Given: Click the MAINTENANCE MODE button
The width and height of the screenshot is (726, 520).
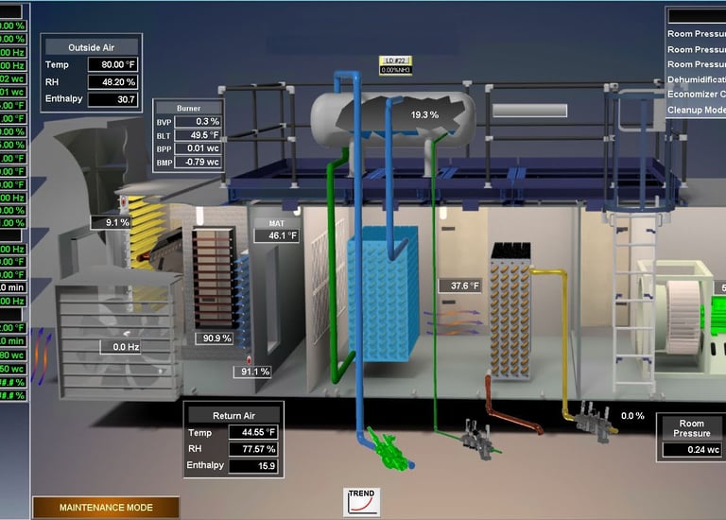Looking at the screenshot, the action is pyautogui.click(x=106, y=508).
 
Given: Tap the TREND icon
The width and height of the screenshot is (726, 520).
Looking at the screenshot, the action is pyautogui.click(x=361, y=502).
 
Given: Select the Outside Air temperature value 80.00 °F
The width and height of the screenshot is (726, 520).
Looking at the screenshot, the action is pyautogui.click(x=113, y=64).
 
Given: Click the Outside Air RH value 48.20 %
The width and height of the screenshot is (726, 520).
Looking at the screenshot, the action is pyautogui.click(x=113, y=81).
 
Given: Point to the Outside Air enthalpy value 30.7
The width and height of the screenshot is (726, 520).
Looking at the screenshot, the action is pyautogui.click(x=113, y=98).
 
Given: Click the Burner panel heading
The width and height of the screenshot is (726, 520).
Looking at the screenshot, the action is pyautogui.click(x=189, y=108).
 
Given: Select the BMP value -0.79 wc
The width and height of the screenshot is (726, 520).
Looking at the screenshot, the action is pyautogui.click(x=200, y=162).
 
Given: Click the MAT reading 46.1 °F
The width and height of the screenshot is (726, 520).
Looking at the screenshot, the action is pyautogui.click(x=277, y=235).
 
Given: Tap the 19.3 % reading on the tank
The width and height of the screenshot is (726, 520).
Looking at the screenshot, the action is pyautogui.click(x=425, y=115).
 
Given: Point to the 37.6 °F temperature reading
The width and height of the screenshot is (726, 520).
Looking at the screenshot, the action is pyautogui.click(x=464, y=286).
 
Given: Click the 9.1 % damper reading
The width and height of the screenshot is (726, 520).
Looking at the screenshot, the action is pyautogui.click(x=117, y=222).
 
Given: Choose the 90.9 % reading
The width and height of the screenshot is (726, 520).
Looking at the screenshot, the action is pyautogui.click(x=214, y=338).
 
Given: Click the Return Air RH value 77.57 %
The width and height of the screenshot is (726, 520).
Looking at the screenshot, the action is pyautogui.click(x=254, y=449).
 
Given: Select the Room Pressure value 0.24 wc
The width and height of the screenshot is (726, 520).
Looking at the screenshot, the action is pyautogui.click(x=691, y=450).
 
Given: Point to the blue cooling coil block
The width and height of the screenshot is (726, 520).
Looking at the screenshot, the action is pyautogui.click(x=377, y=293).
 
